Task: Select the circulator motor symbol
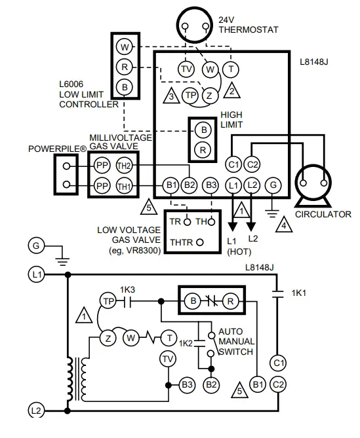pos(314,184)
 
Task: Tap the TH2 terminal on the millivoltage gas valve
pos(124,165)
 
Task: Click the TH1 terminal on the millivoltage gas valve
pos(124,186)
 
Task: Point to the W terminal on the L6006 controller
pos(124,46)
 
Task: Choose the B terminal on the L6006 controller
pos(124,86)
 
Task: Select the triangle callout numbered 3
pos(170,96)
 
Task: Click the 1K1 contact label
pos(300,294)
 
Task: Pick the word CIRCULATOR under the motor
pos(323,214)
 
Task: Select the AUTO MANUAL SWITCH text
pos(235,342)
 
